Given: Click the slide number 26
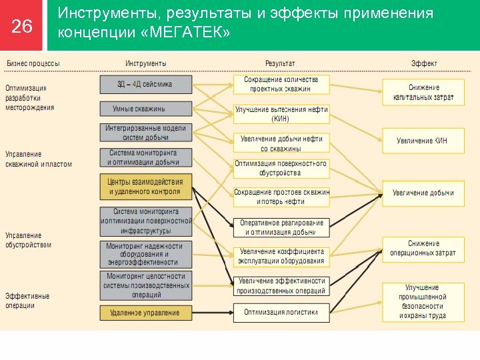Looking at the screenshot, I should click(22, 26).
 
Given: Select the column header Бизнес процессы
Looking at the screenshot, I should click(33, 63).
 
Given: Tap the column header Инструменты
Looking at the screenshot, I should click(146, 63).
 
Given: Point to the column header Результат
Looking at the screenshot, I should click(280, 63).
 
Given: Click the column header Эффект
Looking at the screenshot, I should click(424, 63).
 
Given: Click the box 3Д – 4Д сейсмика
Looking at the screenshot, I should click(146, 85).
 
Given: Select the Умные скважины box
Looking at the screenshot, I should click(146, 109).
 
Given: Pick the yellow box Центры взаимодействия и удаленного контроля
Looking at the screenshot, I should click(146, 187).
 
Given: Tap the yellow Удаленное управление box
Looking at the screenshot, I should click(146, 313).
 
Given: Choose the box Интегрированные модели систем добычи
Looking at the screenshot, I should click(146, 133).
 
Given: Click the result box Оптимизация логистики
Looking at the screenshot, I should click(281, 312).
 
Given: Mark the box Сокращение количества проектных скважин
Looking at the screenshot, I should click(281, 84).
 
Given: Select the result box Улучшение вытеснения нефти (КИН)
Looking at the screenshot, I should click(281, 114).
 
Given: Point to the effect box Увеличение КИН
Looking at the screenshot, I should click(423, 141).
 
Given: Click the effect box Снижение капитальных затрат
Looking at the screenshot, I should click(423, 93).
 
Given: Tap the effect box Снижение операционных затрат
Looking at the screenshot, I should click(423, 249).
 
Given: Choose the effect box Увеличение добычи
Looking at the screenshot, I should click(423, 193).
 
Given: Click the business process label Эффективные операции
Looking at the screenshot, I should click(28, 301).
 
